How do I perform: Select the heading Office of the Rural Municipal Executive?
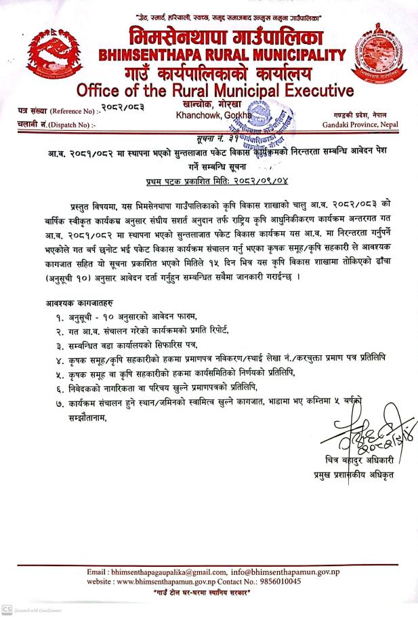[215, 91]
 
